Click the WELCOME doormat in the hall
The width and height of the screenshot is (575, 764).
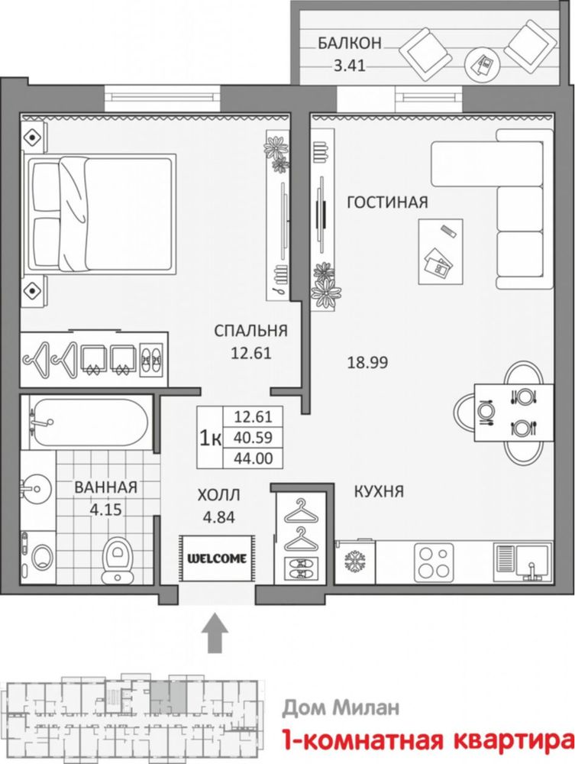[217, 558]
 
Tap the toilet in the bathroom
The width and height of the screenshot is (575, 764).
[117, 559]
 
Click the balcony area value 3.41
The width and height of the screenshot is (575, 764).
[349, 65]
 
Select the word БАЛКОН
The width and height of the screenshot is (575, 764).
[350, 44]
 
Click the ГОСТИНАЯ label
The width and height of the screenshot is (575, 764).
[387, 202]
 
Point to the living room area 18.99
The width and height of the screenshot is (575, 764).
[367, 362]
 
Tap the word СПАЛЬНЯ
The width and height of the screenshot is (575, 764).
[250, 331]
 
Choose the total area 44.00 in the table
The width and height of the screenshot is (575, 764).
[254, 458]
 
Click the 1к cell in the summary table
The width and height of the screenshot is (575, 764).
[210, 438]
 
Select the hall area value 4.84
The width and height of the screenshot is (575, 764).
[218, 517]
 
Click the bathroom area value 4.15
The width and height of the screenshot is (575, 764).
[105, 510]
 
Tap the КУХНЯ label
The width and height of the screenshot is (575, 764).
[379, 491]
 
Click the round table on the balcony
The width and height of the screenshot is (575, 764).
[483, 64]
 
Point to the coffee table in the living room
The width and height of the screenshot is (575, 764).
[440, 251]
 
